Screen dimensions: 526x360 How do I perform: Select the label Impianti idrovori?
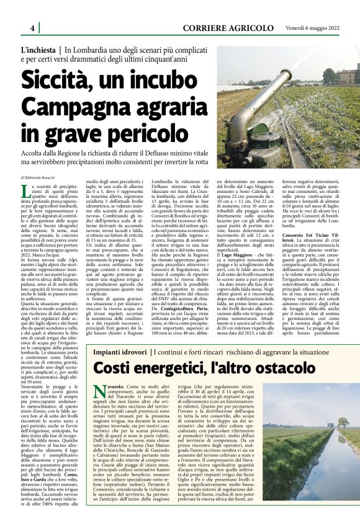[x=120, y=352]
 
